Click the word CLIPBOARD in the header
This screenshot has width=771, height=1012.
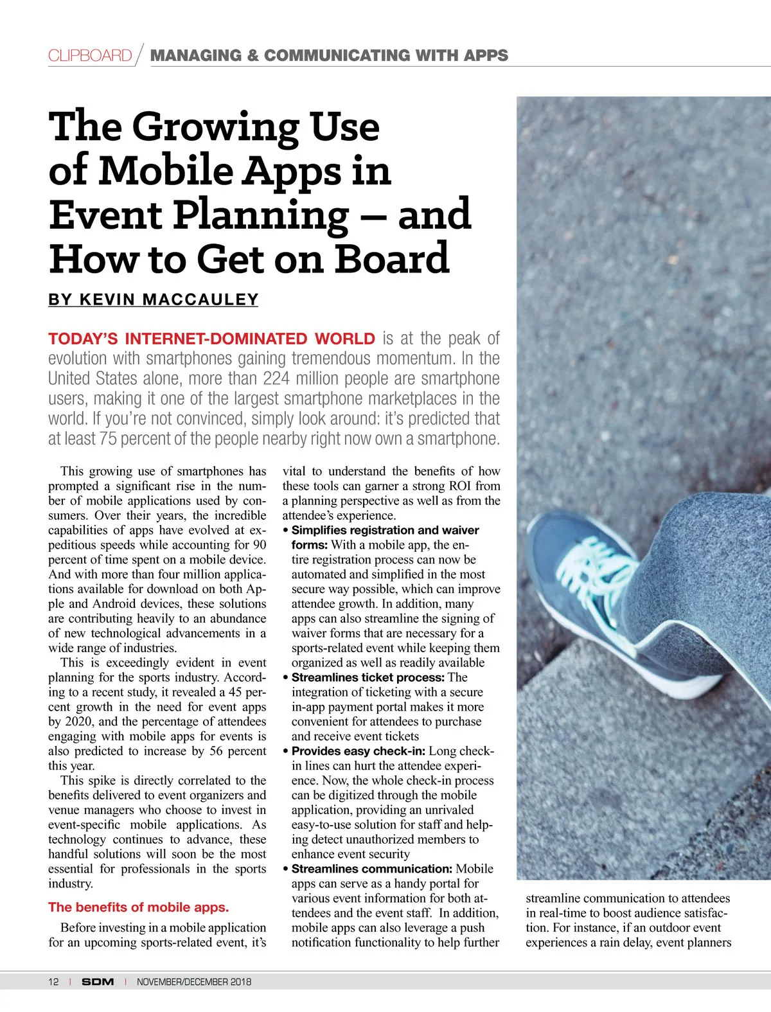click(90, 55)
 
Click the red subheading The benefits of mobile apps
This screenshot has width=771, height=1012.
click(138, 907)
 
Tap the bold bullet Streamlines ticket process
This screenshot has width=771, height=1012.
click(368, 677)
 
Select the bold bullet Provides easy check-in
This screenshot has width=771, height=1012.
click(358, 751)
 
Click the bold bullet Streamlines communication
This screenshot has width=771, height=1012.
click(373, 869)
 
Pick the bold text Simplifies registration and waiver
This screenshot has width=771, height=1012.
click(385, 530)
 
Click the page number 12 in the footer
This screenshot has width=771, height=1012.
click(53, 982)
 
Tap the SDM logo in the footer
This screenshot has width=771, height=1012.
click(98, 982)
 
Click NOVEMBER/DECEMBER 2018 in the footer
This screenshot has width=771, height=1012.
click(194, 982)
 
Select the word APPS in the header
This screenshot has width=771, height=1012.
click(486, 55)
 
